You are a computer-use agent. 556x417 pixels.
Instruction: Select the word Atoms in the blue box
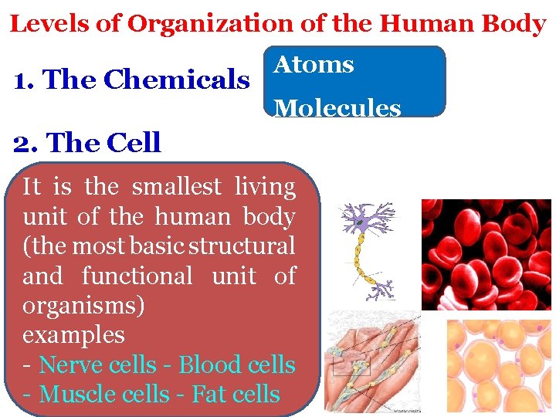click(314, 64)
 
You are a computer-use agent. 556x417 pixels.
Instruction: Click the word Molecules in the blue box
click(337, 107)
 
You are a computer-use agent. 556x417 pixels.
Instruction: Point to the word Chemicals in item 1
click(176, 80)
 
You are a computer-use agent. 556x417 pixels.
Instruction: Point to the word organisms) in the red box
click(83, 305)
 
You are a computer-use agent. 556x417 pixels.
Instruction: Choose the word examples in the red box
click(73, 335)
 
